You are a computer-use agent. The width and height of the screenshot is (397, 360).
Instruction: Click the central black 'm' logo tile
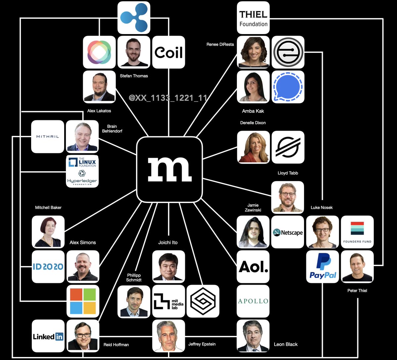tap(169, 169)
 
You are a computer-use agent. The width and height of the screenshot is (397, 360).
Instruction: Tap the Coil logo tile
tap(169, 52)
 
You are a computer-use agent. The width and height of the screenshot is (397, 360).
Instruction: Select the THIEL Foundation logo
tap(253, 18)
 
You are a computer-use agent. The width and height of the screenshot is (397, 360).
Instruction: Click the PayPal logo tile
tap(323, 266)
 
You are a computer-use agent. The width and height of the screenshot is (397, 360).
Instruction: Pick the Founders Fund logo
tap(357, 232)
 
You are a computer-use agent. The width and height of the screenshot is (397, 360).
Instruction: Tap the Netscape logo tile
tap(287, 232)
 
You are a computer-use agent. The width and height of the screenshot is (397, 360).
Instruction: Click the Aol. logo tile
tap(253, 266)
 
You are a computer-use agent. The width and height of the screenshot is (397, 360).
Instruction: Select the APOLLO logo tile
tap(253, 301)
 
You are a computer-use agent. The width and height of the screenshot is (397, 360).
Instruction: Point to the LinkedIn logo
tap(48, 336)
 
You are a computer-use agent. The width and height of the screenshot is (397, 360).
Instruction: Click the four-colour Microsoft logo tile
tap(83, 301)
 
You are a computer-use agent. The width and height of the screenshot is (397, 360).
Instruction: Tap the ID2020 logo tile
tap(48, 266)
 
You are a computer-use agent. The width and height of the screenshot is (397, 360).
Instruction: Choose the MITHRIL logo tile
tap(48, 137)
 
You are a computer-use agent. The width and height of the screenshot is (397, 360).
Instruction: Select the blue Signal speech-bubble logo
tap(287, 87)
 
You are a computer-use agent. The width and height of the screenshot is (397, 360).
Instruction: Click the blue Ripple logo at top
tap(134, 18)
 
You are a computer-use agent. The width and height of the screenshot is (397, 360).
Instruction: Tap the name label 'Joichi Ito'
tap(168, 243)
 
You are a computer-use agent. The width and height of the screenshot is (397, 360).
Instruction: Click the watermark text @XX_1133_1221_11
tap(168, 98)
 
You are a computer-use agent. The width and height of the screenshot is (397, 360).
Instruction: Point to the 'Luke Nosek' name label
tap(322, 208)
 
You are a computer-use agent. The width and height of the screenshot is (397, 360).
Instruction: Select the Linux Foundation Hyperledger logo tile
tap(82, 171)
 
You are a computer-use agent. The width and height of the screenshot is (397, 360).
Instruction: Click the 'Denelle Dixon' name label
tap(253, 123)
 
